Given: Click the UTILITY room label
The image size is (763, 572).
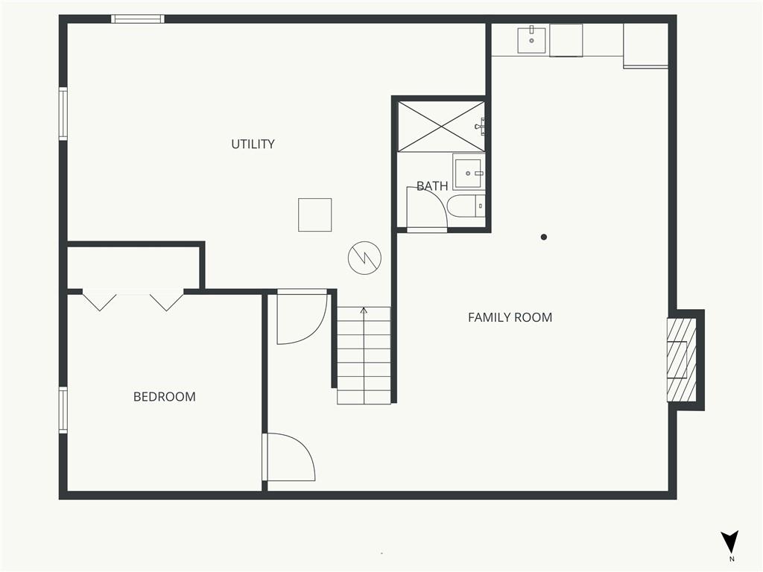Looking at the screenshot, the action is pos(253,144).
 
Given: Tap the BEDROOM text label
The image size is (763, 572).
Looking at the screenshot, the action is pos(165,397).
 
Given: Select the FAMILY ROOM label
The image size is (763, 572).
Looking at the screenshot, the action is pos(510,317).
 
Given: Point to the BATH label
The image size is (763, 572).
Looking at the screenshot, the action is pos(432,185).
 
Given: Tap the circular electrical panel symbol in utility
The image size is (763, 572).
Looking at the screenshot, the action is pos(364,258).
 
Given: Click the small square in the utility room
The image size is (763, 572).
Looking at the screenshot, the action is pos(315,214).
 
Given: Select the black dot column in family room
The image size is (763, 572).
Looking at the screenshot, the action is pos(543,237).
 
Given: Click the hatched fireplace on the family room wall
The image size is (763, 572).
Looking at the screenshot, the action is pos(681,360).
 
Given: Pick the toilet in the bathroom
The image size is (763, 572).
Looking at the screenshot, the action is pos(466,206).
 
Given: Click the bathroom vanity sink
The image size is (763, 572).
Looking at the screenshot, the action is pos(469,172).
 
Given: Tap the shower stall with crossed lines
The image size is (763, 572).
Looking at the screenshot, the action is pos(441,127).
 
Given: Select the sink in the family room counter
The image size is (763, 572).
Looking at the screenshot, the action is pos(531,39).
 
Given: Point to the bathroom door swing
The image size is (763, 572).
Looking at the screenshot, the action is pos(427,208).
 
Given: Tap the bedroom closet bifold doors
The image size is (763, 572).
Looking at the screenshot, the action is pos(133,299).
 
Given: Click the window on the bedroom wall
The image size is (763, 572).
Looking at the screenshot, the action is pos(63,410).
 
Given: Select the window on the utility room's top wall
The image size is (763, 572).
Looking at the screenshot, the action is pos(138,19).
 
